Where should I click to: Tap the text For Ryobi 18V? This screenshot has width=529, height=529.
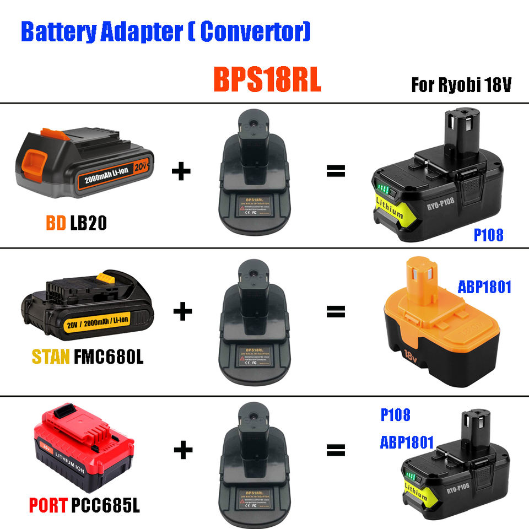[462, 85]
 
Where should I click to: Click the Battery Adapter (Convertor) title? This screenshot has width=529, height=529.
[165, 31]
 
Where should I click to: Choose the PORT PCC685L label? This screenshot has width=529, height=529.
[84, 504]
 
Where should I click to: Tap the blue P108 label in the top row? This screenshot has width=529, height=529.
[488, 235]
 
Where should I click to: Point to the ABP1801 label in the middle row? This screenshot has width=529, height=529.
[484, 287]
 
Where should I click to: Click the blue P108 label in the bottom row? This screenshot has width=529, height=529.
[395, 414]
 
